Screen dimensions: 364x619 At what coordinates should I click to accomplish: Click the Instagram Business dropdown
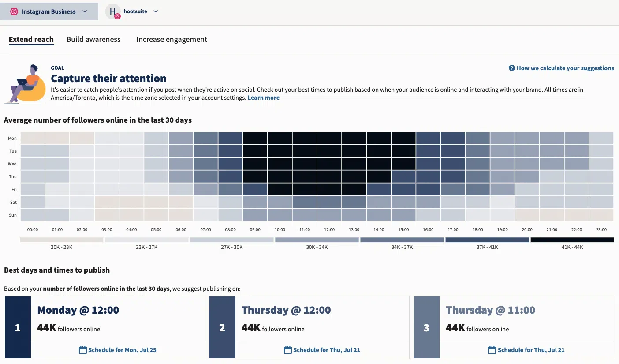(49, 12)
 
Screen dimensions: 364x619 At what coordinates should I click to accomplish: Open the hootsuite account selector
(132, 12)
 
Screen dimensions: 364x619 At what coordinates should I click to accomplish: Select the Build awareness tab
(93, 39)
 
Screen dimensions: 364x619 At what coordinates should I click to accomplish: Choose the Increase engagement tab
(172, 39)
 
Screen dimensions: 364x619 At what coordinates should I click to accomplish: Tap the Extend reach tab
(31, 39)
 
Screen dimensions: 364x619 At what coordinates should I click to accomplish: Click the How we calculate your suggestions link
(561, 68)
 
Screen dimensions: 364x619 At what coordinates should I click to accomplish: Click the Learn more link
(263, 98)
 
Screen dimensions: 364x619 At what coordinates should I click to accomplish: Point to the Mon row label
(12, 139)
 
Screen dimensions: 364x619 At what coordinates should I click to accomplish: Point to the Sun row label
(12, 215)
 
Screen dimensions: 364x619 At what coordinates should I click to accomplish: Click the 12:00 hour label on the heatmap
(329, 230)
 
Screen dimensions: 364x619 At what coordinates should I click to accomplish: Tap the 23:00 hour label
(601, 230)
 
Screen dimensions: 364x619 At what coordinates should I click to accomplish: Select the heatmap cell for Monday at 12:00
(329, 139)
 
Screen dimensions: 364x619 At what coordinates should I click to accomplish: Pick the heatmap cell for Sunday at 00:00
(33, 215)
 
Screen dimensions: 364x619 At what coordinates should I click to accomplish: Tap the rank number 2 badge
(222, 328)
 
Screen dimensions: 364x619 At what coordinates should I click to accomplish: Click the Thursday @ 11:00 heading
(490, 310)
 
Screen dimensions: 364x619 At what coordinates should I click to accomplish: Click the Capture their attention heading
(108, 79)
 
